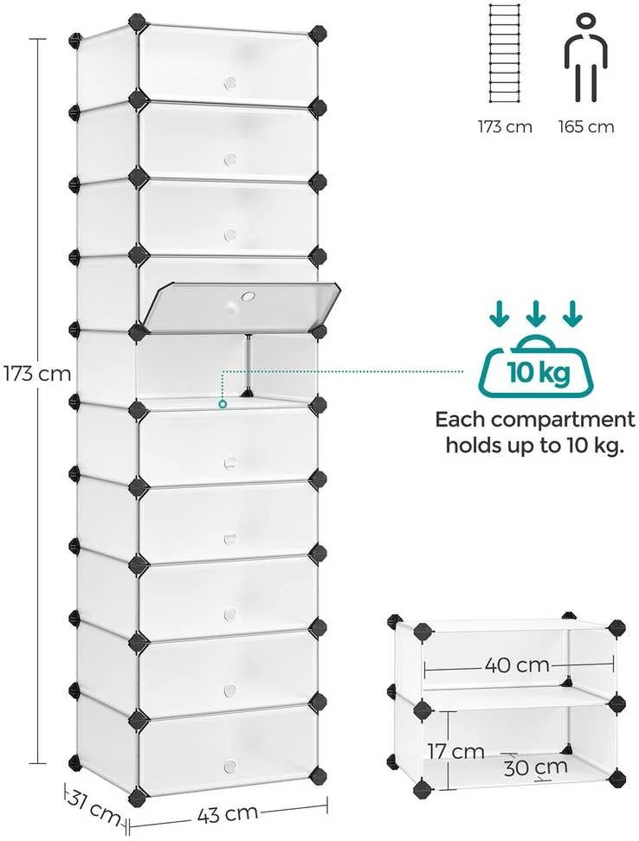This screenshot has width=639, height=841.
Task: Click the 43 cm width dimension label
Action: click(228, 814)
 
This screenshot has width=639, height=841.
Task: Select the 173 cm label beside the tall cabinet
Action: click(37, 373)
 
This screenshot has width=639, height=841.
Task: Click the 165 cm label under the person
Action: click(586, 126)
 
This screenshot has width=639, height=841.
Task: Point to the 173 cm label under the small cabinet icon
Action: click(505, 126)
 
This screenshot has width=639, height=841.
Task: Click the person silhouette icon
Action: click(586, 58)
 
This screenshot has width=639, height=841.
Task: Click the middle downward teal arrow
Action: click(535, 314)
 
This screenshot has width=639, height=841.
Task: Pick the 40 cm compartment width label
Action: click(517, 665)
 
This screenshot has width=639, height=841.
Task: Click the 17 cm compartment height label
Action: click(455, 751)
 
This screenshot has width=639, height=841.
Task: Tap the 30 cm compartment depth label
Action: click(535, 767)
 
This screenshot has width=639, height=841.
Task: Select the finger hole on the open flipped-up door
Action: click(248, 296)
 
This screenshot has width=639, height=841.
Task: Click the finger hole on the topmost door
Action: click(230, 82)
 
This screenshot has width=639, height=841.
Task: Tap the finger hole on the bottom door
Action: click(230, 765)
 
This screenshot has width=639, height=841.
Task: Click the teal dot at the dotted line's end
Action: click(223, 404)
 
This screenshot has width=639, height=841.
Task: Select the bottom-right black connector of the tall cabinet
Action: click(318, 774)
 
